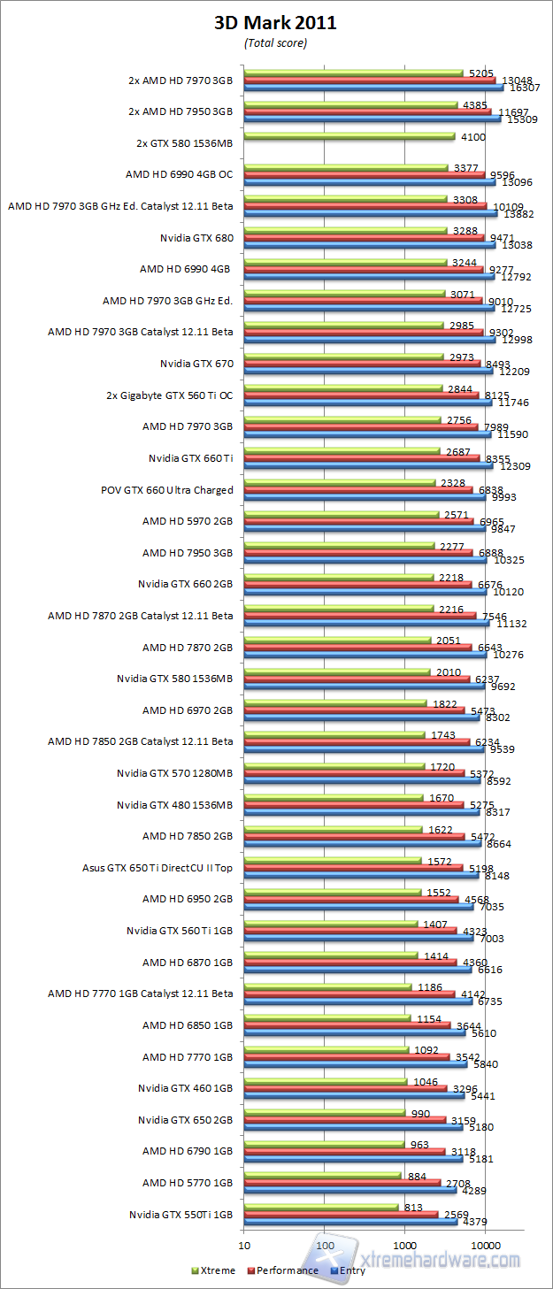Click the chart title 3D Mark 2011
(275, 23)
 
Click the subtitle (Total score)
(275, 42)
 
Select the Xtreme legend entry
(214, 1270)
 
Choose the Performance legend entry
(285, 1270)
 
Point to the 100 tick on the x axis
(325, 1246)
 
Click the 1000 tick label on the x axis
(405, 1246)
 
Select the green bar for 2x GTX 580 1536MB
(349, 136)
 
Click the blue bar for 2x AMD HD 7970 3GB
(373, 88)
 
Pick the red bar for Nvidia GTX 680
(364, 238)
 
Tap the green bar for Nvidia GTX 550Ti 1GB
(321, 1208)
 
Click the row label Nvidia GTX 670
(196, 363)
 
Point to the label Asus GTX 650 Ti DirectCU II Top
(157, 867)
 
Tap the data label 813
(412, 1207)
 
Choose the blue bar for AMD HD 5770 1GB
(350, 1190)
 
